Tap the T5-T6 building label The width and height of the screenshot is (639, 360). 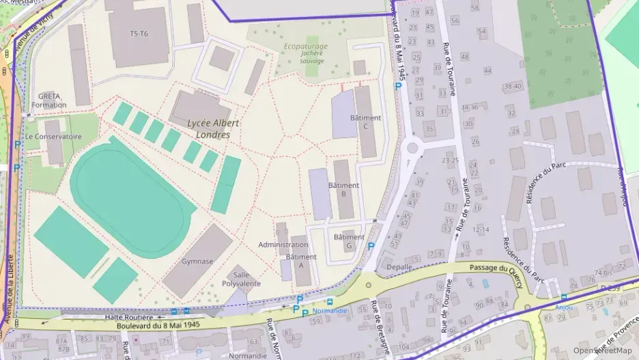point(139,33)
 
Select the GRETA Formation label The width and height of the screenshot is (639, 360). point(48,100)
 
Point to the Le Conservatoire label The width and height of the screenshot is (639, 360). point(53,137)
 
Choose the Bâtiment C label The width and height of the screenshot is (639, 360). point(365,122)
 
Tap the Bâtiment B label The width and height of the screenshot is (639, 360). point(343,189)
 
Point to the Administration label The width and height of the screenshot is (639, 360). point(283,245)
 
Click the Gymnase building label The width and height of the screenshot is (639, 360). point(197,261)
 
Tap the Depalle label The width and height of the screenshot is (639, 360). point(399,266)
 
